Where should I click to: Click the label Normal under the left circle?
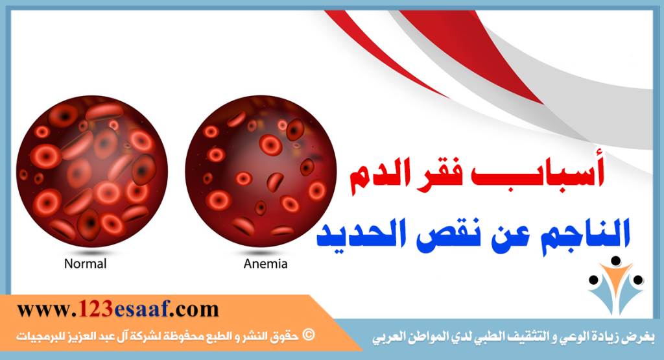tap(85, 264)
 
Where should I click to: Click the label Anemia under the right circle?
tap(265, 264)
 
